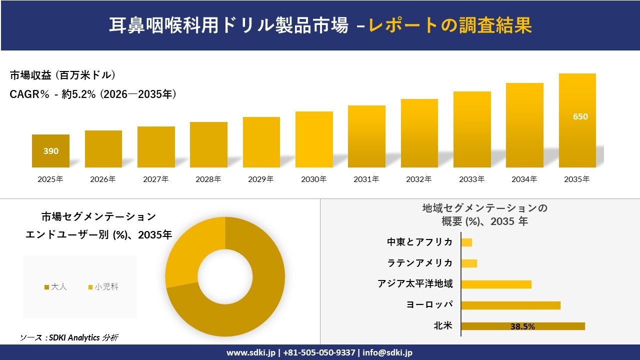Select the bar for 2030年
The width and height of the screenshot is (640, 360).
pyautogui.click(x=314, y=139)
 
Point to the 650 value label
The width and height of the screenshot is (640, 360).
pyautogui.click(x=580, y=116)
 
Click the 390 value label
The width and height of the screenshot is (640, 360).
pyautogui.click(x=50, y=151)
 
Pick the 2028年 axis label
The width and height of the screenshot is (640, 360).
pyautogui.click(x=208, y=179)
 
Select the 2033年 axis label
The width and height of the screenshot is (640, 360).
pyautogui.click(x=471, y=179)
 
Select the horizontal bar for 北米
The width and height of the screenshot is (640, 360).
pyautogui.click(x=522, y=326)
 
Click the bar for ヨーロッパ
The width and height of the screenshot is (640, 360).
pyautogui.click(x=510, y=305)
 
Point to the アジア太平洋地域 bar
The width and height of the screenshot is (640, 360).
pyautogui.click(x=496, y=284)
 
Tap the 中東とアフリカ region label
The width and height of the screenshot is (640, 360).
pyautogui.click(x=419, y=242)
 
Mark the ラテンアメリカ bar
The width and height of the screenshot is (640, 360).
pyautogui.click(x=469, y=263)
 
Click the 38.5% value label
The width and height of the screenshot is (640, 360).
pyautogui.click(x=522, y=326)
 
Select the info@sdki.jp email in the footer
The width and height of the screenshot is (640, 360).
pyautogui.click(x=387, y=352)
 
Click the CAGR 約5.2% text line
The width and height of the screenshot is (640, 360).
pyautogui.click(x=93, y=94)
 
